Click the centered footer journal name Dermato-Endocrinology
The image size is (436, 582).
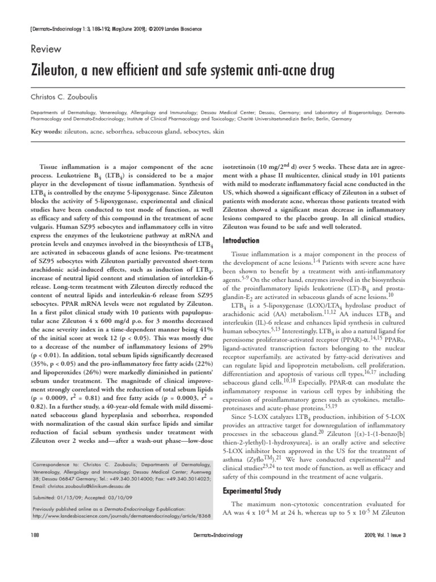click(218, 535)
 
